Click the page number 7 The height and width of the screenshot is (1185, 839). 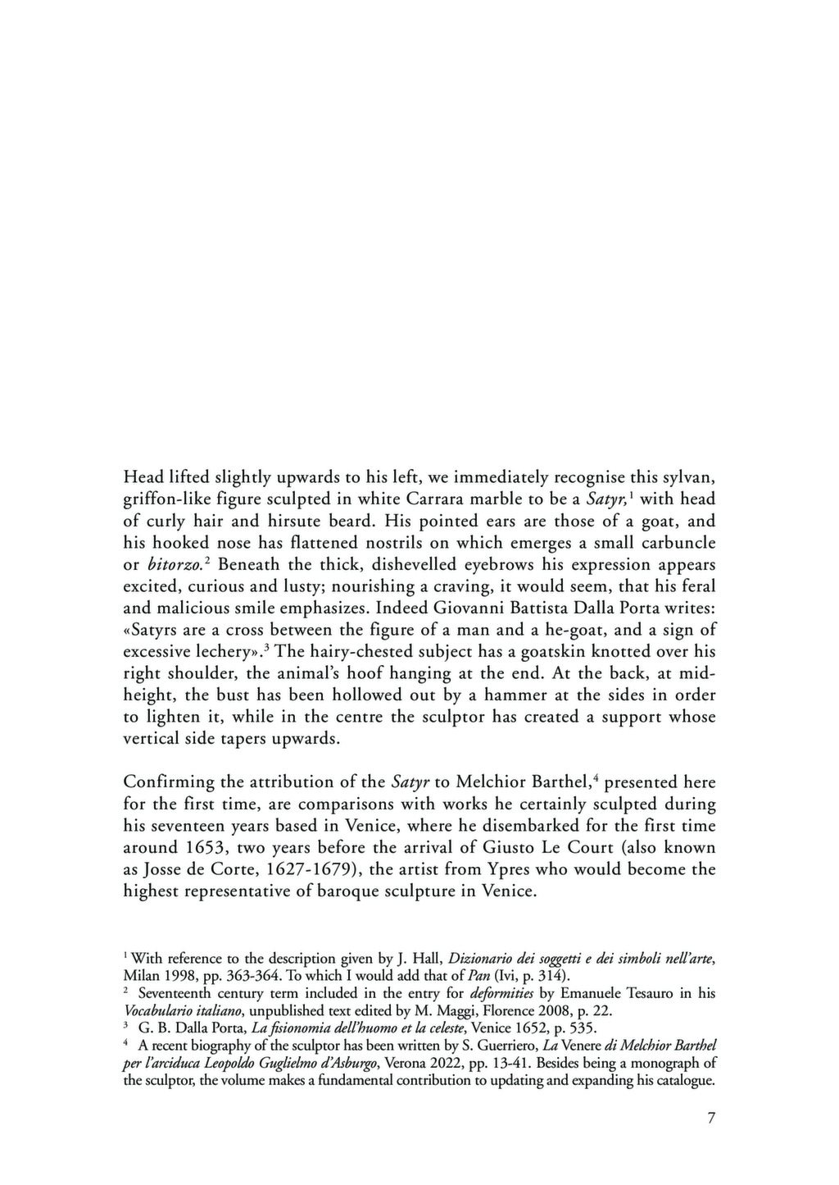click(710, 1118)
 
